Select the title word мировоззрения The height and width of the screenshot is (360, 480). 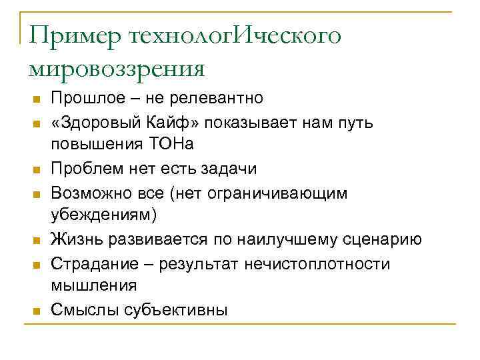click(117, 67)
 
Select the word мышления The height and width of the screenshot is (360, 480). click(94, 285)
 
